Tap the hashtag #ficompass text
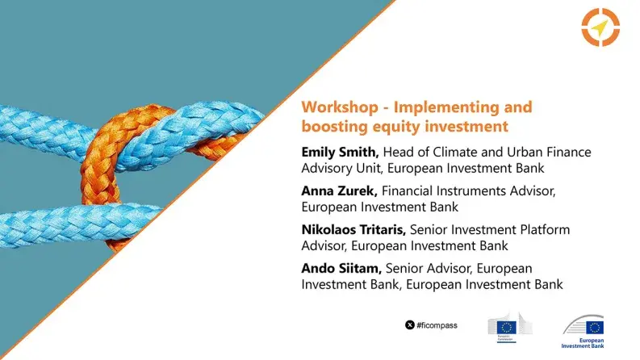[437, 324]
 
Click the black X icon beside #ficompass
[410, 324]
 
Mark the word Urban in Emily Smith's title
[546, 152]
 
